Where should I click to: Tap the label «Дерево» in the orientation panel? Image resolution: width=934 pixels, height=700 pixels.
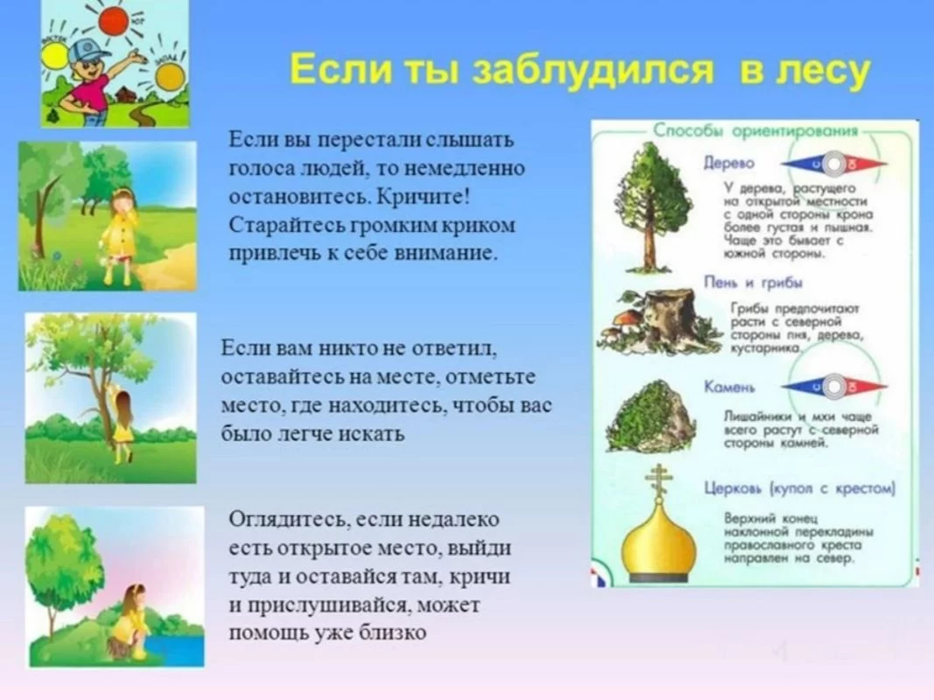[727, 164]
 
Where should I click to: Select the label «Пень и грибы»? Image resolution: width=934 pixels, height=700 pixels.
[754, 282]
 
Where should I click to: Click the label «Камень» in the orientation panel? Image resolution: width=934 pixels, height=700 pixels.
[730, 387]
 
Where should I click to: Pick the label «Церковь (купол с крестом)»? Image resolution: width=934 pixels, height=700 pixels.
[800, 487]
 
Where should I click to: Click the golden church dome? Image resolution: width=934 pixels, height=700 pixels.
[657, 542]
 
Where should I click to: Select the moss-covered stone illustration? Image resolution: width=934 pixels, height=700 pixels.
[652, 416]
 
